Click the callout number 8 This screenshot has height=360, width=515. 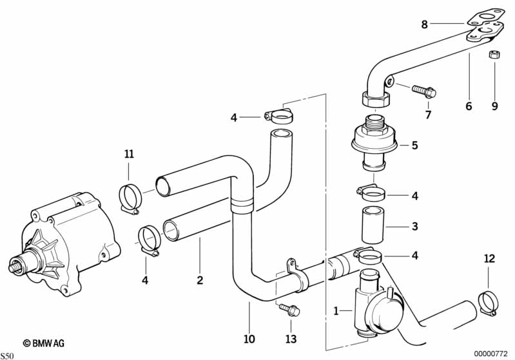coord(425,24)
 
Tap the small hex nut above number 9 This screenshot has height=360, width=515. coord(493,55)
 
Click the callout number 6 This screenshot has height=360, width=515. coord(469,106)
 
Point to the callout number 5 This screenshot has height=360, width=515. coord(415,145)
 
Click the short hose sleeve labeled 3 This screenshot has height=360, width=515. coord(373,225)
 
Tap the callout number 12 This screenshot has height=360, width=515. coord(489,259)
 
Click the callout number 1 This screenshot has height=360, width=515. coord(336,311)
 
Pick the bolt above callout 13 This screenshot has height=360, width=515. coord(289,310)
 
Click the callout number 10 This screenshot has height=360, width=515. coord(249,339)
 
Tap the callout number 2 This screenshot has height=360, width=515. coord(200,280)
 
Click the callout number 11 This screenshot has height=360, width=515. coord(129,153)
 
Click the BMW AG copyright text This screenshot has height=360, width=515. coord(44,343)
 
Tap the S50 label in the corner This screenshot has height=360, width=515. coord(7,356)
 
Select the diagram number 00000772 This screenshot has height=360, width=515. coord(491,354)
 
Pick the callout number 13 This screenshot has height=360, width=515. coord(291,339)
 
